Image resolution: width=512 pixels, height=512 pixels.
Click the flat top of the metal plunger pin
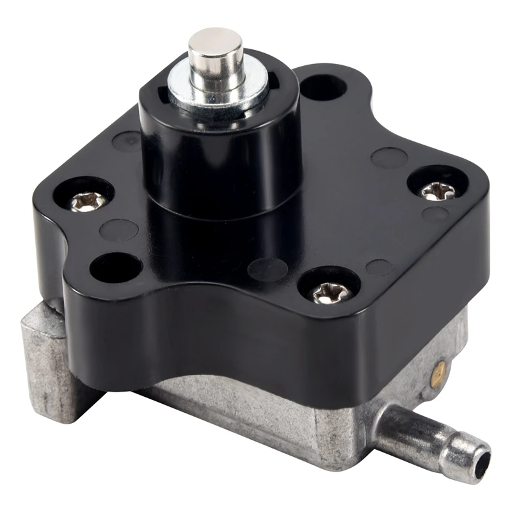pos(215,39)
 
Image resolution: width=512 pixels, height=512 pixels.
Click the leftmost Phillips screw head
pos(83,202)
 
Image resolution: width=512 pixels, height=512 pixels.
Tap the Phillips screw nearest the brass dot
pos(330,293)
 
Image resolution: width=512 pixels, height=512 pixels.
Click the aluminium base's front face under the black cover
pos(269,410)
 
